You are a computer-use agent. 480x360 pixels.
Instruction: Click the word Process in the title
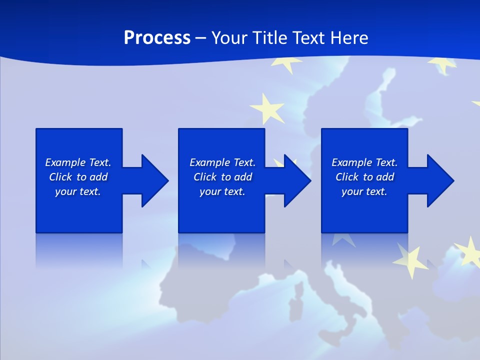tap(157, 37)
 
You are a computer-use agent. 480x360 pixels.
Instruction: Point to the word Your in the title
tap(229, 37)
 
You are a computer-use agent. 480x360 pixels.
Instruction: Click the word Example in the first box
tap(65, 162)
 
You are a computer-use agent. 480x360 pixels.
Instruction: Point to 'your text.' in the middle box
tap(222, 191)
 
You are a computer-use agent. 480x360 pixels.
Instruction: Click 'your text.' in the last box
tap(364, 191)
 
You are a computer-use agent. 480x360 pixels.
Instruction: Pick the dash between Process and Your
tap(201, 37)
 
